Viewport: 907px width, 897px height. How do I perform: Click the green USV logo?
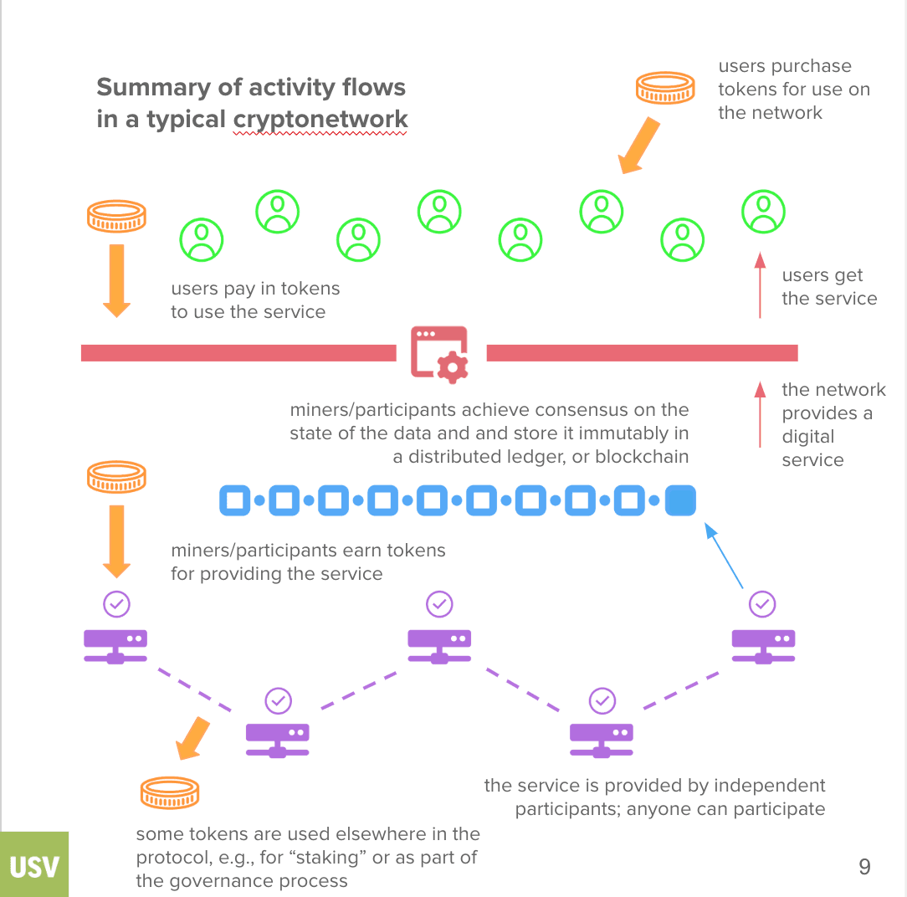pos(34,865)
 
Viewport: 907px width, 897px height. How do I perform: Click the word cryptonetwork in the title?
pos(320,119)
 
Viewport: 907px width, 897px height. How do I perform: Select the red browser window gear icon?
pos(439,354)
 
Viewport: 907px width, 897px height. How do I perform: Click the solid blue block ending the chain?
pos(680,500)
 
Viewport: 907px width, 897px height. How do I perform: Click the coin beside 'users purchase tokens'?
pos(666,87)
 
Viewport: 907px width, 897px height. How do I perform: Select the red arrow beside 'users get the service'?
pos(760,284)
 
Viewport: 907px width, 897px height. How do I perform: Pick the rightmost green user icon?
pos(763,212)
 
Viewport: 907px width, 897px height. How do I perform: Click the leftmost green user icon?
pos(202,240)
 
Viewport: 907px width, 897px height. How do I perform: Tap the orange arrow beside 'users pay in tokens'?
pos(116,280)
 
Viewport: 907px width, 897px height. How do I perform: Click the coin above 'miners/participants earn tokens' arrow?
pos(116,477)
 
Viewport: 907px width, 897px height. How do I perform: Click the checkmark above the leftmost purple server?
pos(116,603)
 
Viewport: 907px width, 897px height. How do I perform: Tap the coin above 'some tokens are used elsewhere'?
pos(170,792)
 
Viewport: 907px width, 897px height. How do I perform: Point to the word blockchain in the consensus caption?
pos(642,457)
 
